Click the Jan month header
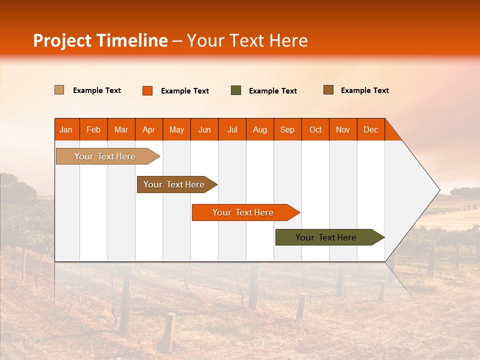coord(66,129)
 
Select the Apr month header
coord(148,129)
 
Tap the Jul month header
coord(232,129)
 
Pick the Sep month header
coord(287,129)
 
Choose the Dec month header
coord(370,129)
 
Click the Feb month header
coord(93,129)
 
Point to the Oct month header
coord(315,129)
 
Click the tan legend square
coord(59,90)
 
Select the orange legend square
coord(147,90)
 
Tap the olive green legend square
coord(236,90)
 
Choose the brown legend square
coord(328,90)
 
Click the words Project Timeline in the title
coord(100,40)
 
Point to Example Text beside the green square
coord(272,91)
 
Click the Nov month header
coord(343,129)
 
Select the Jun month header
coord(204,129)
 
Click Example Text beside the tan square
coord(97,90)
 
